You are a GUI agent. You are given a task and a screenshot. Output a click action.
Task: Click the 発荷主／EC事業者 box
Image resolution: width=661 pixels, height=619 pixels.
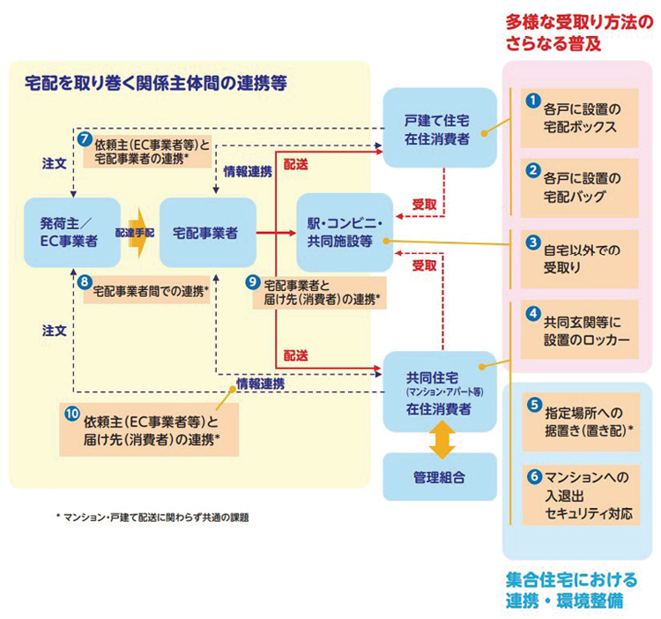(73, 233)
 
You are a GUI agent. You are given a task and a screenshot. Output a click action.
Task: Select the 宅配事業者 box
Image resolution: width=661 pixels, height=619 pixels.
(207, 233)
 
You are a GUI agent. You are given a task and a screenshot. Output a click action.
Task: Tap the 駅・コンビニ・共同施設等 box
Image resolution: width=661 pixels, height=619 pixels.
(344, 232)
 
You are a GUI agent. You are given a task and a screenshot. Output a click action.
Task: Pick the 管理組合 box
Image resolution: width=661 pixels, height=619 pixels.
(438, 476)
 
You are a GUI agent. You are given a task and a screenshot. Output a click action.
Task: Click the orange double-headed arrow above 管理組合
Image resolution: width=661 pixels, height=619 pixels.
(438, 437)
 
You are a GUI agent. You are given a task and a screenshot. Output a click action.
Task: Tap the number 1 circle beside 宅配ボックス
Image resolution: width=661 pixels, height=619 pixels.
(531, 101)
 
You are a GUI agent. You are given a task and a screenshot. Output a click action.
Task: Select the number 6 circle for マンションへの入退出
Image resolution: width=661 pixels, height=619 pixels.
(532, 476)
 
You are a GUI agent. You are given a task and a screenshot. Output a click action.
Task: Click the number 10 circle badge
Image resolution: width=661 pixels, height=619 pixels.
(71, 412)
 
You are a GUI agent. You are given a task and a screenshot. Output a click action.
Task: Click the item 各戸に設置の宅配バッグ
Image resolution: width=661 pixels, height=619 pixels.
(578, 183)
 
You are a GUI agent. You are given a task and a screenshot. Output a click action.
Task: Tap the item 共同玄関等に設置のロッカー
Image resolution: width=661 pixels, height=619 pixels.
(578, 327)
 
